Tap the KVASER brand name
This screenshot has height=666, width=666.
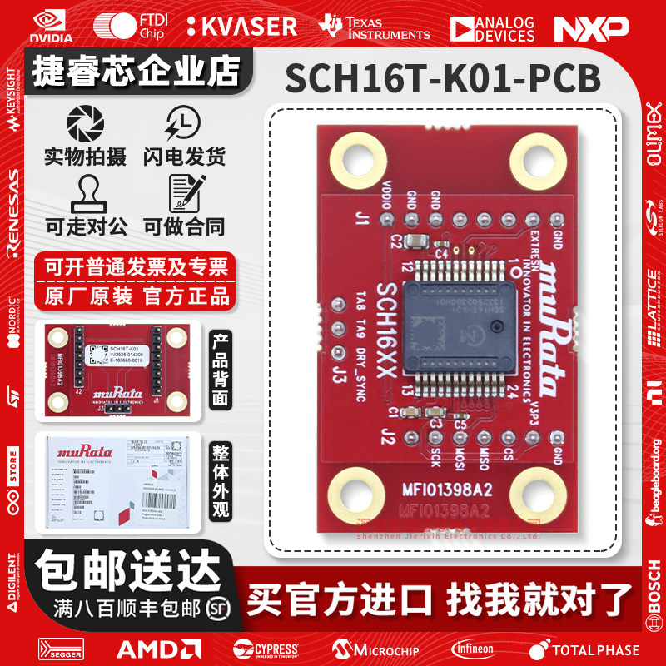click(x=241, y=26)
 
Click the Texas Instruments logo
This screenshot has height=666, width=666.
click(x=374, y=27)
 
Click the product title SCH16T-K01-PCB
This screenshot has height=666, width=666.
click(x=442, y=80)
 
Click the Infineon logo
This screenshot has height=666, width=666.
click(x=472, y=649)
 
